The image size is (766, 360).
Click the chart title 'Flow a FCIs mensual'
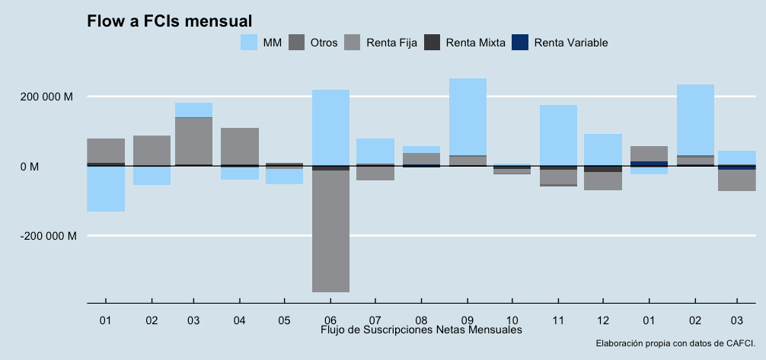[x=169, y=21]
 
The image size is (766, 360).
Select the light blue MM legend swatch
[x=249, y=43]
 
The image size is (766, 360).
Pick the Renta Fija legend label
[x=391, y=43]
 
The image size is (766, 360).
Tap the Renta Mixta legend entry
[x=475, y=43]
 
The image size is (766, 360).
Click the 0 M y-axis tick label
[x=62, y=166]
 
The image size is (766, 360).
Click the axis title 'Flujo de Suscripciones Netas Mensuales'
[x=421, y=330]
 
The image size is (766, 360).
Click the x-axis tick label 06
[x=330, y=320]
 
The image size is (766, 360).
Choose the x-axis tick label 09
[x=468, y=320]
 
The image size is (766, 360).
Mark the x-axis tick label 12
[x=603, y=320]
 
